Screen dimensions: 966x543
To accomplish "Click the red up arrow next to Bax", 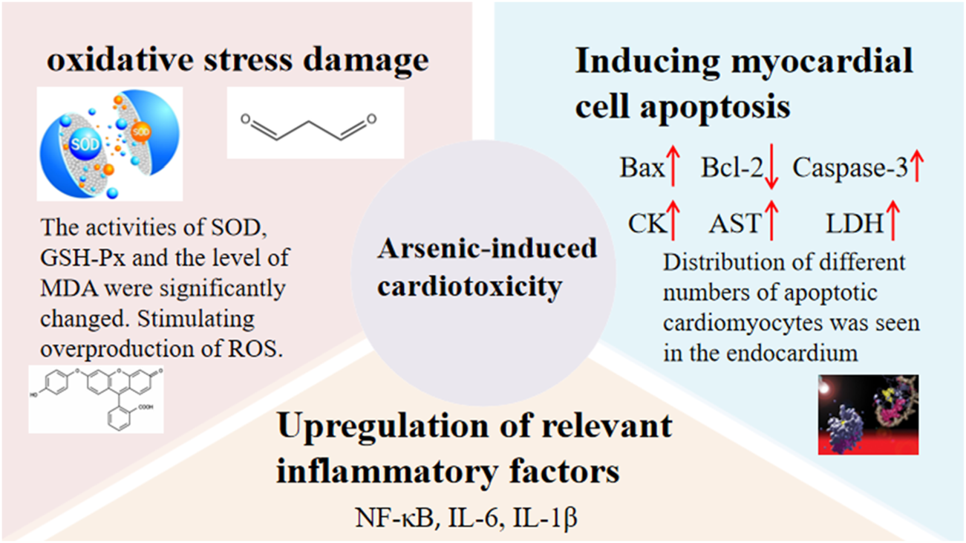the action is (x=673, y=166).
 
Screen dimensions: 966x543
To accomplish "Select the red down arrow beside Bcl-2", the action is (x=771, y=167).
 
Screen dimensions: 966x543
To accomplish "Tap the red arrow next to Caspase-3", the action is (x=917, y=166).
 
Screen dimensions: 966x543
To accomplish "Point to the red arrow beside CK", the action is (x=673, y=220).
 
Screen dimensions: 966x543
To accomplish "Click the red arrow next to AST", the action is (x=771, y=220).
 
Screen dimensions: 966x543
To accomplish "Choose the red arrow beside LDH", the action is (x=893, y=220).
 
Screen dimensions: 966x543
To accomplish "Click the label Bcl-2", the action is (x=732, y=167).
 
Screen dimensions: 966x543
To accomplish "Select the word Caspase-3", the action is (x=850, y=168).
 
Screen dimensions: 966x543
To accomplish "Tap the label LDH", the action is (x=855, y=224).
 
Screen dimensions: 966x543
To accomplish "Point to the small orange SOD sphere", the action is (x=141, y=131).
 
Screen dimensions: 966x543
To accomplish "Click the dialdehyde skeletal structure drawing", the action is (x=309, y=127).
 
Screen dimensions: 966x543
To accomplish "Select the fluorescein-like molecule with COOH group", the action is (x=97, y=400).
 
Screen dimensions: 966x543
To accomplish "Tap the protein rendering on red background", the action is (x=868, y=414).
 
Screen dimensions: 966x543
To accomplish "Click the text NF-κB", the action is (x=394, y=518).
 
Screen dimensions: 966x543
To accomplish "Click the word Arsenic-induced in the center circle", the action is (x=487, y=249).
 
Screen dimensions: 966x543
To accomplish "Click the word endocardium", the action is (x=792, y=354).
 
